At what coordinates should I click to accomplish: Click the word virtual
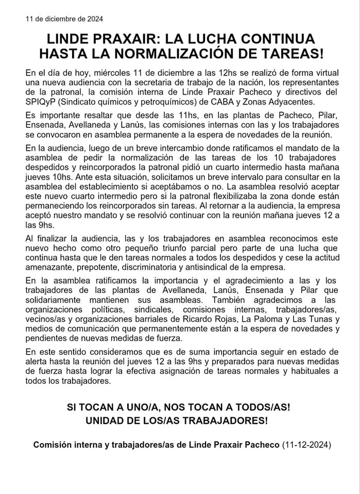tap(322, 73)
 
